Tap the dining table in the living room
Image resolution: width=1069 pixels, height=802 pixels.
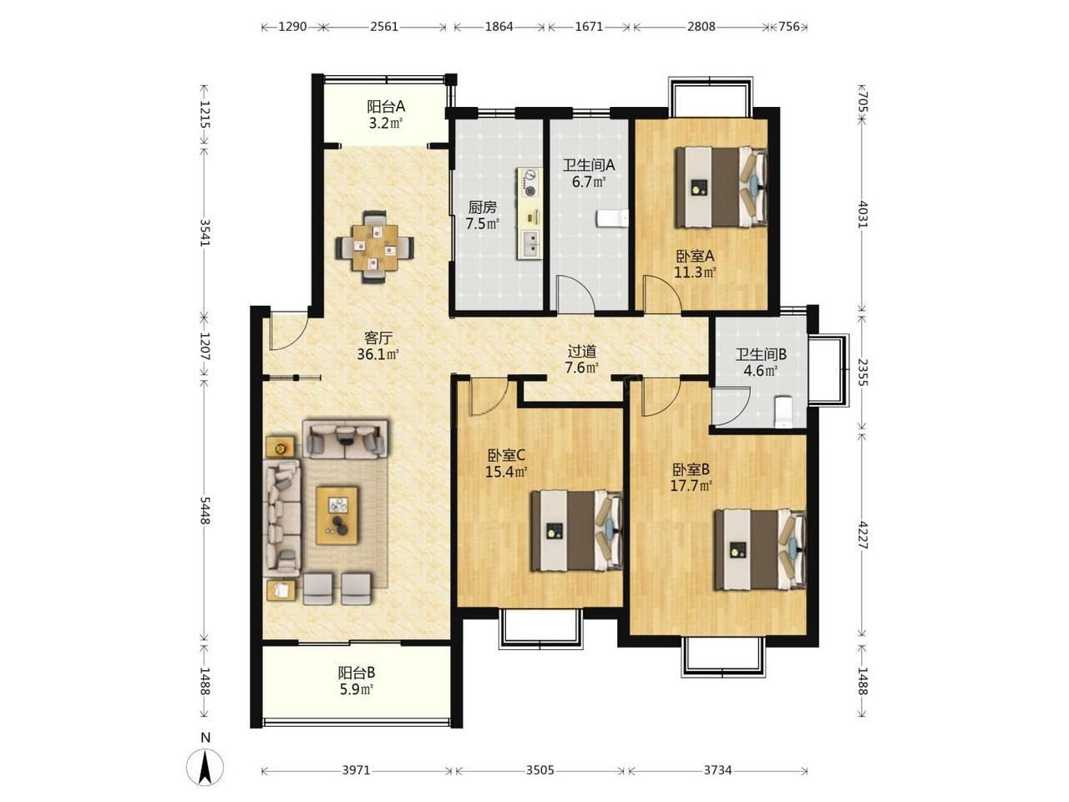pyautogui.click(x=374, y=247)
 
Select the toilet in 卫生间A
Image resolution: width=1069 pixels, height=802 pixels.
pyautogui.click(x=613, y=218)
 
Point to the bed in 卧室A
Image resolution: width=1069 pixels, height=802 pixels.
pyautogui.click(x=721, y=187)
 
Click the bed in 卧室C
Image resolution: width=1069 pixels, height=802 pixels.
pyautogui.click(x=576, y=530)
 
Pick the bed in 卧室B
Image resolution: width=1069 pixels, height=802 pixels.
pyautogui.click(x=760, y=550)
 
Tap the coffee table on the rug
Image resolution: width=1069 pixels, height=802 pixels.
pyautogui.click(x=337, y=515)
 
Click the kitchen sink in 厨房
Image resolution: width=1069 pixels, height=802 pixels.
pyautogui.click(x=529, y=243)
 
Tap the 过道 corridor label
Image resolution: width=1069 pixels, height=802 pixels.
pyautogui.click(x=581, y=351)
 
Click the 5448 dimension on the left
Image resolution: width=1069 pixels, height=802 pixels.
pyautogui.click(x=205, y=510)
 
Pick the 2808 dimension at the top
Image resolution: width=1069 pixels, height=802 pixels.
pyautogui.click(x=701, y=26)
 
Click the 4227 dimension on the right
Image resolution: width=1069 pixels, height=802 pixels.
pyautogui.click(x=863, y=536)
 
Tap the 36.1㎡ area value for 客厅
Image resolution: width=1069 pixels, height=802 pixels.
pyautogui.click(x=378, y=354)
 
